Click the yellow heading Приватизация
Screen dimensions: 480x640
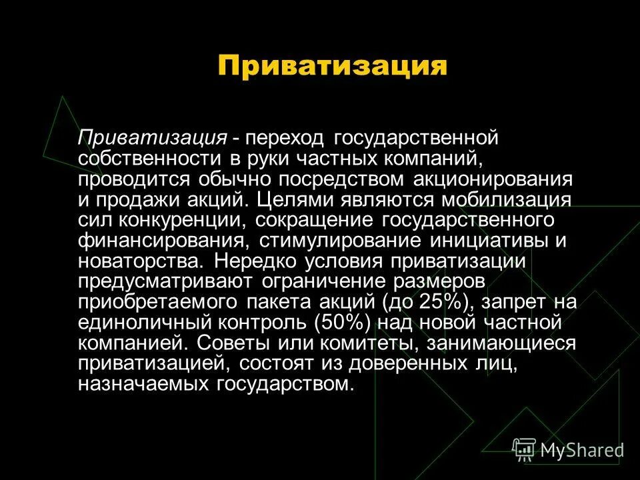pos(331,67)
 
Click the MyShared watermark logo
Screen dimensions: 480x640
pos(569,450)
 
